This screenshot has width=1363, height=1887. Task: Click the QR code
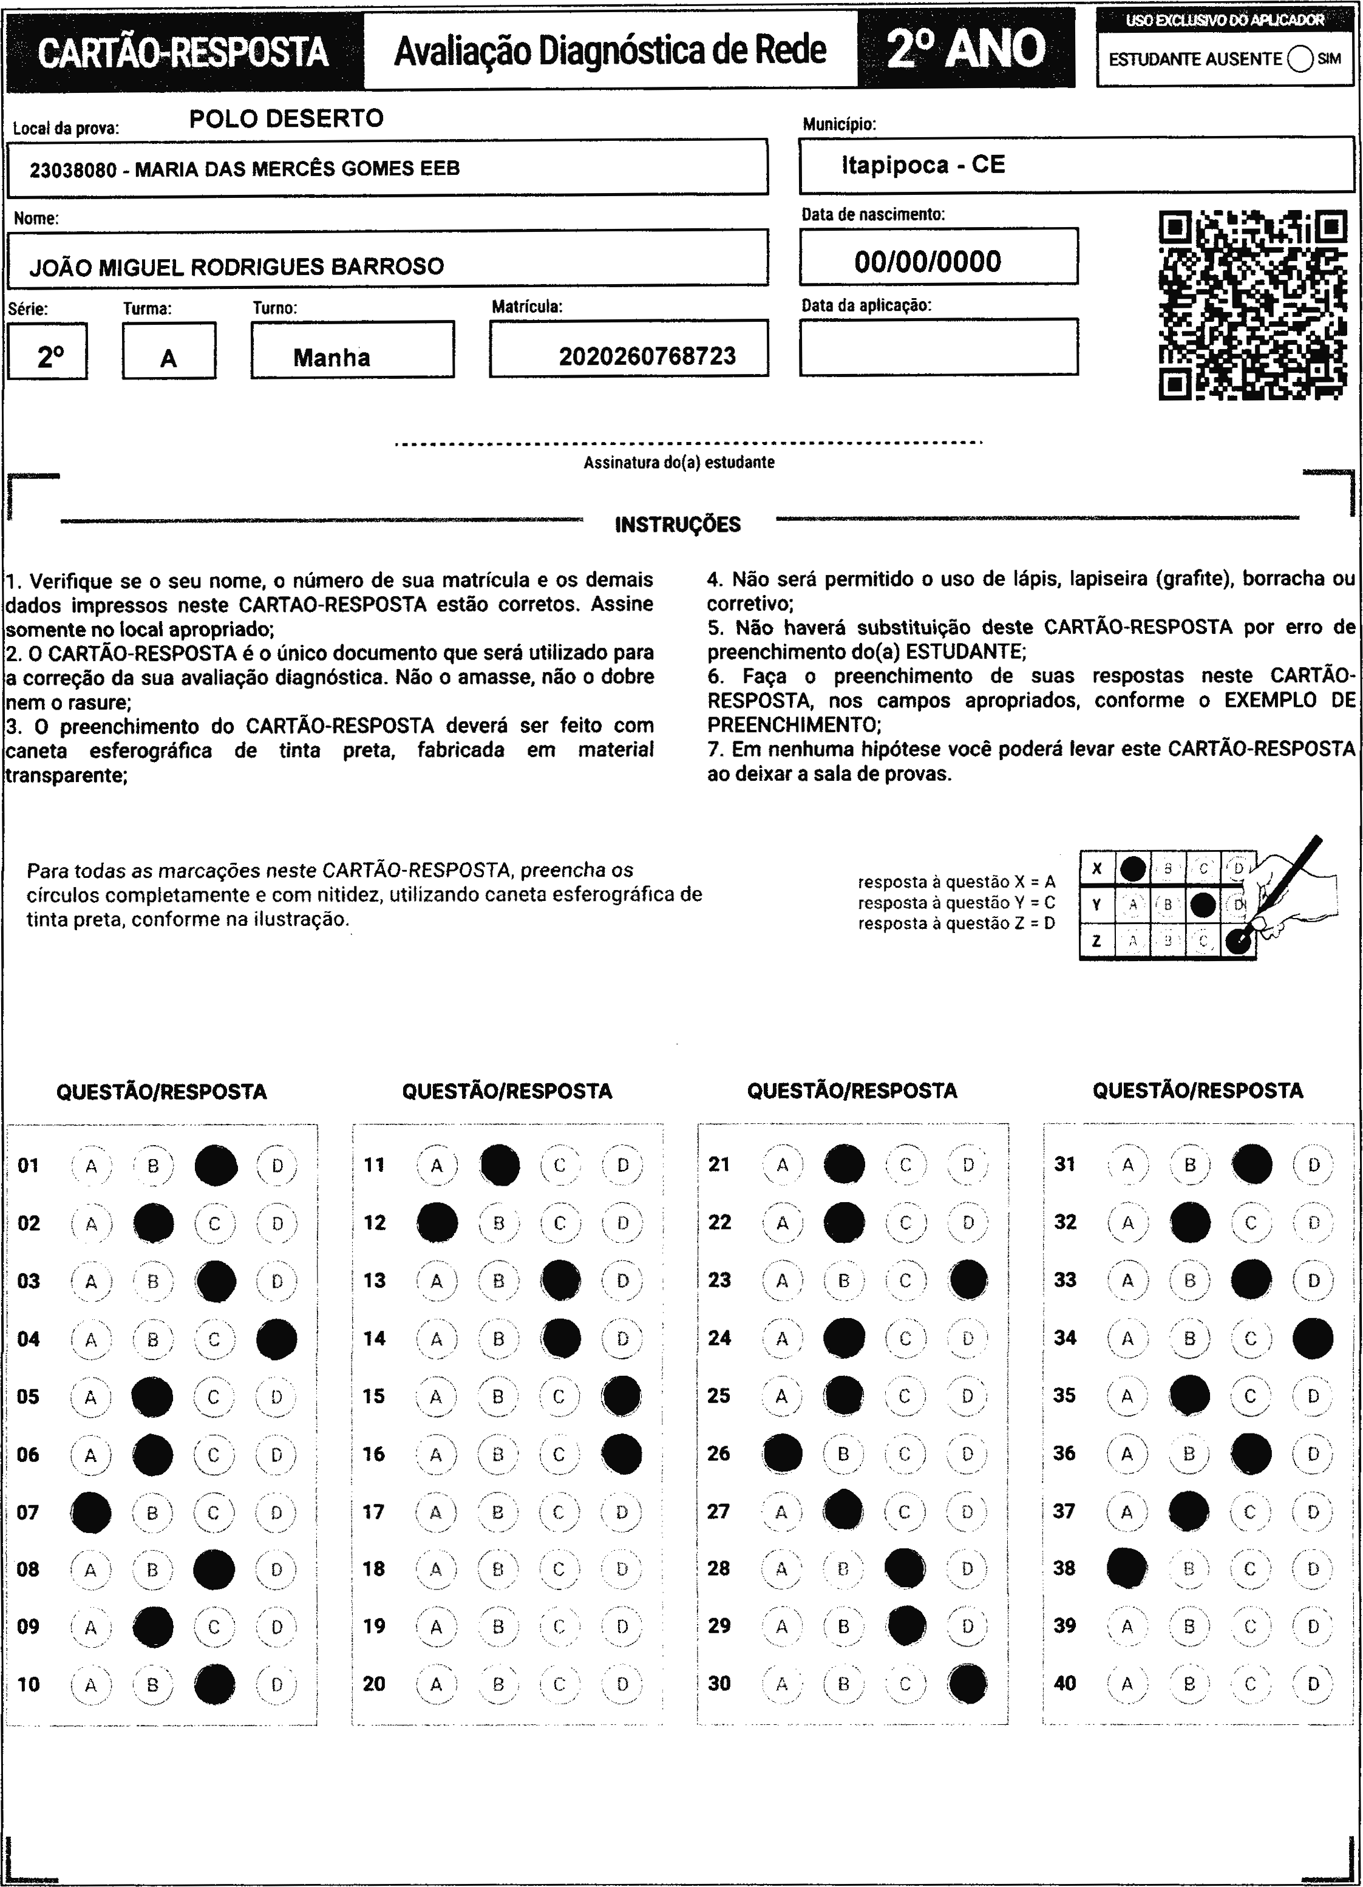tap(1253, 305)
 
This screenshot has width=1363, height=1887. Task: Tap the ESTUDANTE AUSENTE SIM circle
tap(1300, 59)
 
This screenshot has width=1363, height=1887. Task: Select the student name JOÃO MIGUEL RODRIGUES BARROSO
tap(237, 267)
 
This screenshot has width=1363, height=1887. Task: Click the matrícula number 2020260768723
tap(647, 357)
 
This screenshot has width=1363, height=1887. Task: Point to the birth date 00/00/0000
tap(927, 261)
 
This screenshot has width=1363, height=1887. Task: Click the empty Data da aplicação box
tap(938, 347)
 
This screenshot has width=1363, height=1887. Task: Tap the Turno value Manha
tap(331, 358)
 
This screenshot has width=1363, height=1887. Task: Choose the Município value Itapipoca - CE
tap(923, 165)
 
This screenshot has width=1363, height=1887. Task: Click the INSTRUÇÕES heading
tap(678, 524)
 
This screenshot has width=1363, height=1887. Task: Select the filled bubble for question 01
tap(216, 1165)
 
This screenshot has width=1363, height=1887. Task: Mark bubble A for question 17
tap(436, 1512)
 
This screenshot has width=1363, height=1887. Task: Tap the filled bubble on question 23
tap(968, 1280)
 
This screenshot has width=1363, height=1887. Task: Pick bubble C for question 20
tap(559, 1684)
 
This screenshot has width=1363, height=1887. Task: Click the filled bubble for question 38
tap(1127, 1568)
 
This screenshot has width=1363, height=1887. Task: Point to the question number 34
tap(1065, 1338)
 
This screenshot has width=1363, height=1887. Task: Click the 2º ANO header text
tap(965, 48)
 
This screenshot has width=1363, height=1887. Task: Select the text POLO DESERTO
tap(286, 118)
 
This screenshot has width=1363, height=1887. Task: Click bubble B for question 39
tap(1189, 1626)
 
